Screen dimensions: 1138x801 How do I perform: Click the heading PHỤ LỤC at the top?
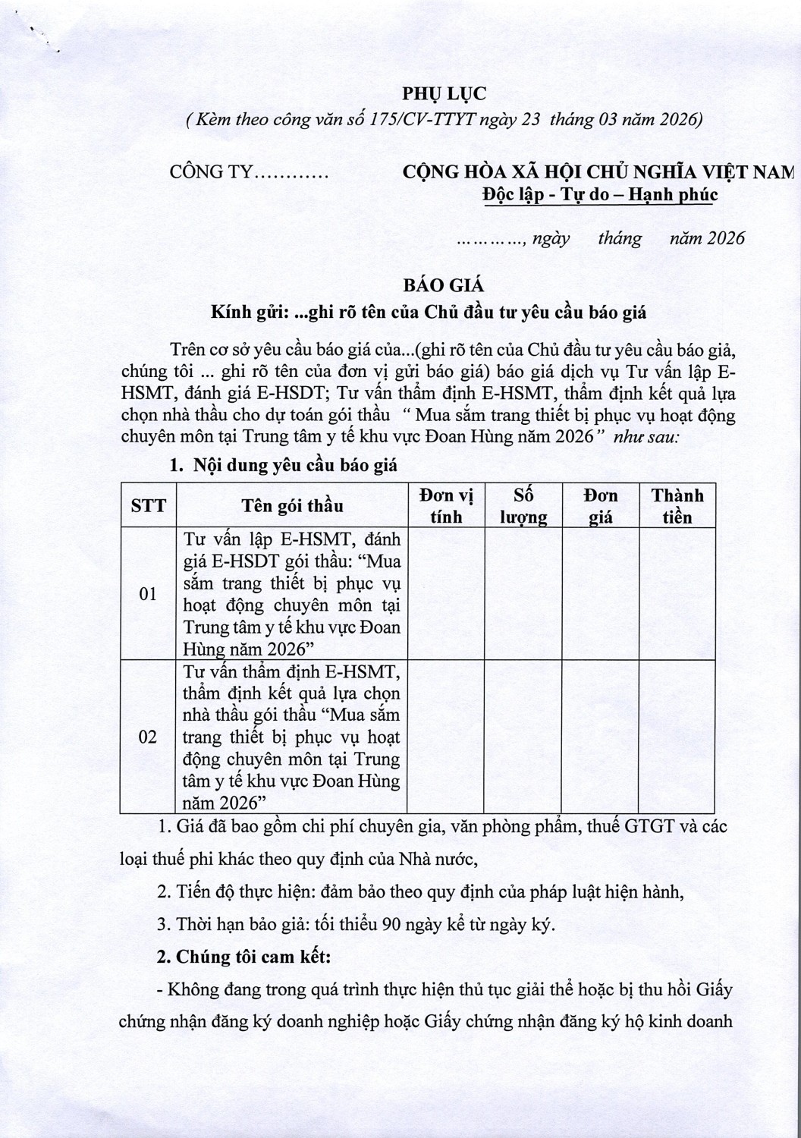point(443,94)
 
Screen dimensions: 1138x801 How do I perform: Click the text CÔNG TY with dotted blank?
point(249,172)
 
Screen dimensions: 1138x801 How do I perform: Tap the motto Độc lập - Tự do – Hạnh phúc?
point(599,194)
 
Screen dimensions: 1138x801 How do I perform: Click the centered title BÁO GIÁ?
point(443,285)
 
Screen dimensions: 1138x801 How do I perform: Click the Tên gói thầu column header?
point(292,506)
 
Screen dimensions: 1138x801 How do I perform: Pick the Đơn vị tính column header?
point(446,506)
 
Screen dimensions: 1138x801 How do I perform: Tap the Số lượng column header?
point(524,506)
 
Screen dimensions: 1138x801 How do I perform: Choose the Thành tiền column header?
point(677,506)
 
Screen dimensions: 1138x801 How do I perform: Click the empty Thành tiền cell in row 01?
point(677,594)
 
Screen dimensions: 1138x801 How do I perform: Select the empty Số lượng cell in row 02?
point(524,737)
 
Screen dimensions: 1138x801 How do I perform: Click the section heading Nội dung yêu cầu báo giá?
point(294,465)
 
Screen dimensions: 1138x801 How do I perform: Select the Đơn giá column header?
point(601,506)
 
